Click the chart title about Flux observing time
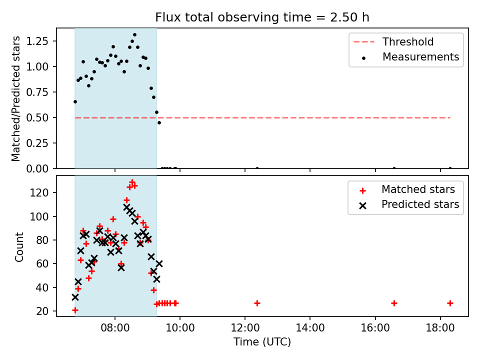[x=262, y=17]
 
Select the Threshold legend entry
[x=393, y=41]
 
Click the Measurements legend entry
[x=410, y=57]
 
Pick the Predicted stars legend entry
[x=409, y=204]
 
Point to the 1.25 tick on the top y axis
[x=37, y=41]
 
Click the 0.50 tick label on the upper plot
[x=37, y=117]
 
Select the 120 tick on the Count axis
[x=39, y=192]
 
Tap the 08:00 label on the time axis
[x=115, y=328]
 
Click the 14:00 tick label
[x=310, y=328]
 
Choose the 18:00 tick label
[x=440, y=328]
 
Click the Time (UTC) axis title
[x=262, y=341]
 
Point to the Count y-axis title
[x=19, y=247]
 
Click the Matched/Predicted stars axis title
[x=15, y=98]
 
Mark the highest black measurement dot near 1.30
[x=134, y=35]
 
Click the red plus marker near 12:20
[x=257, y=303]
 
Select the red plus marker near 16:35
[x=394, y=303]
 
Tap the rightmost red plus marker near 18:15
[x=450, y=303]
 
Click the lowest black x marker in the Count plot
[x=75, y=297]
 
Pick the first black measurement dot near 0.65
[x=75, y=101]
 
